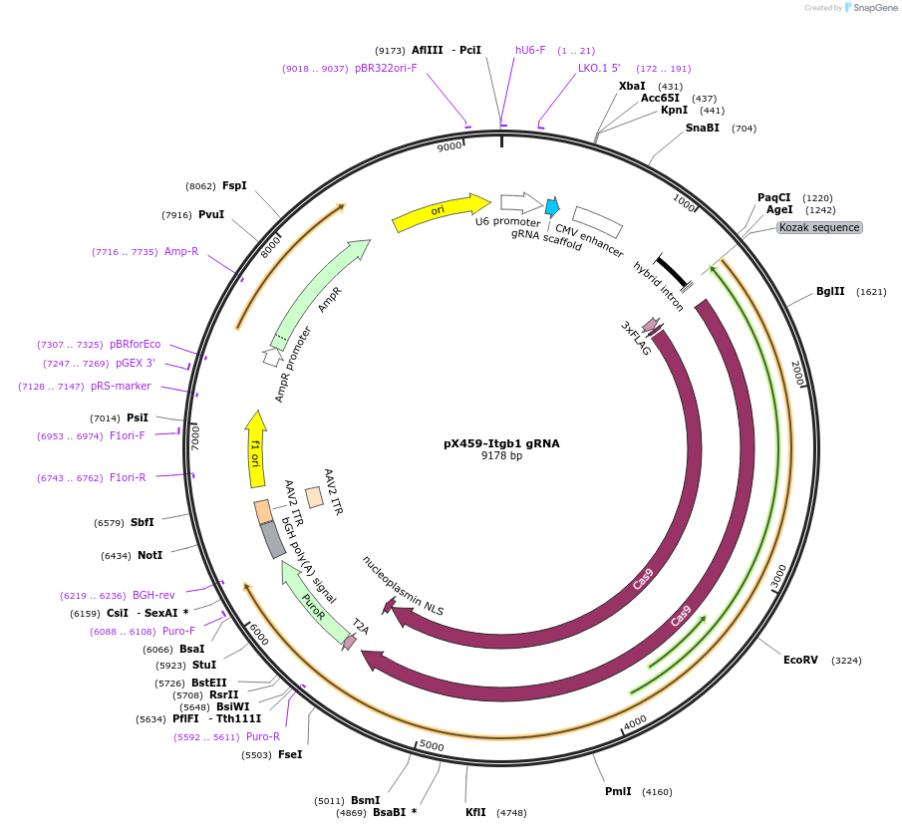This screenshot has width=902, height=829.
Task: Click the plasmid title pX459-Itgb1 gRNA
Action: (x=501, y=443)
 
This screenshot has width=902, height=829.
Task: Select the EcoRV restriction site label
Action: (x=800, y=660)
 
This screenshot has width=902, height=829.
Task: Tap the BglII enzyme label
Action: (x=830, y=292)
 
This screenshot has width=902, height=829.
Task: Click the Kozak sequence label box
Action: (x=819, y=227)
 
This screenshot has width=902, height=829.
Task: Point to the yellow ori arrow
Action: (x=437, y=212)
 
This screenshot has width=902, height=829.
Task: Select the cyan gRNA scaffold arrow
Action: (x=551, y=207)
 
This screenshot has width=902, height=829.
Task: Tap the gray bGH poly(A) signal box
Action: (x=273, y=540)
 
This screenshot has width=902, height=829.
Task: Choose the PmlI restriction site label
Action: (x=618, y=792)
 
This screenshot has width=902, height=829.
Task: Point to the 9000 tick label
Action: (x=451, y=146)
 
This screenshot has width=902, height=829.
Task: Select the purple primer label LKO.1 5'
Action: (x=599, y=69)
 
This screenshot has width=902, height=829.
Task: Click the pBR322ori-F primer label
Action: (x=386, y=69)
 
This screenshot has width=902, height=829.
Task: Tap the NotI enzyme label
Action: (x=150, y=555)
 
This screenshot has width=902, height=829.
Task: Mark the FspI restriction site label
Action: (x=234, y=185)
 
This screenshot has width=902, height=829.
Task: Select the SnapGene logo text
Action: (x=871, y=8)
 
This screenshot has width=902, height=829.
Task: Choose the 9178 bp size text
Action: (x=501, y=456)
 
